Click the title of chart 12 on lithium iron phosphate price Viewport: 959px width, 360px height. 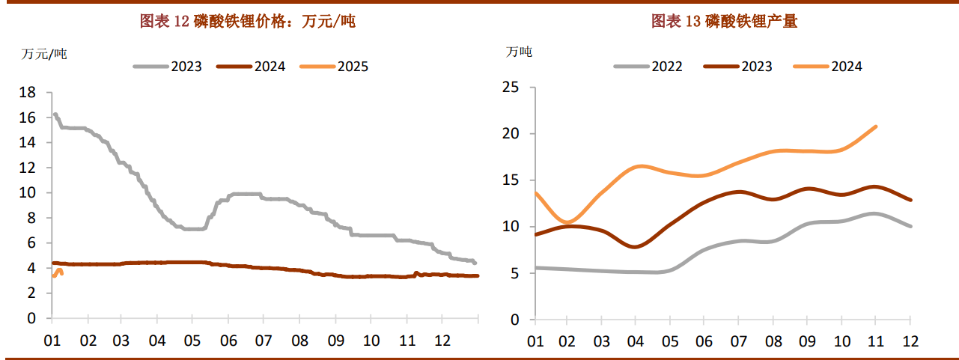248,22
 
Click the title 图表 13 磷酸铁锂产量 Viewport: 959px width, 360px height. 725,22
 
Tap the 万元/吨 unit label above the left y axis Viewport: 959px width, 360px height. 44,54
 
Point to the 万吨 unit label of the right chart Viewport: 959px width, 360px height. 519,52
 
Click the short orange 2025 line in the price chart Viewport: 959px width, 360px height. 58,272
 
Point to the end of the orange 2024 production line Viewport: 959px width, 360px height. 876,126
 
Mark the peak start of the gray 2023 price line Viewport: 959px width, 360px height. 55,115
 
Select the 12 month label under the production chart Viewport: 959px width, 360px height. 910,341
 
